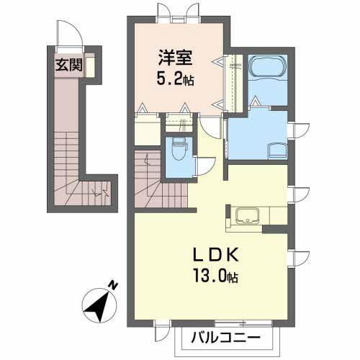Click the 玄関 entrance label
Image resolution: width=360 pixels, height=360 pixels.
pyautogui.click(x=69, y=65)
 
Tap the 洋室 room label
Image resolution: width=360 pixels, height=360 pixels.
pyautogui.click(x=175, y=58)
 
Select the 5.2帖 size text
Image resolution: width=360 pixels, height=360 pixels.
pyautogui.click(x=176, y=79)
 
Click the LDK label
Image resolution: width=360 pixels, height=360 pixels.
pyautogui.click(x=216, y=255)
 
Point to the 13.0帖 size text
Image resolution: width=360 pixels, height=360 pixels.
pyautogui.click(x=216, y=276)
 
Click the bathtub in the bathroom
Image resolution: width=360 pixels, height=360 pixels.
pyautogui.click(x=268, y=67)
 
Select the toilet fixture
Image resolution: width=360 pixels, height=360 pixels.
pyautogui.click(x=179, y=150)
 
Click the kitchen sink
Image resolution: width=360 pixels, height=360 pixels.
pyautogui.click(x=248, y=216)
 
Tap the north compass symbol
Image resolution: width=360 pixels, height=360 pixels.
pyautogui.click(x=99, y=305)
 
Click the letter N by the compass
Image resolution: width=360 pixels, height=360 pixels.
pyautogui.click(x=113, y=285)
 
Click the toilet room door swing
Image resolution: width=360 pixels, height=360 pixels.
pyautogui.click(x=206, y=166)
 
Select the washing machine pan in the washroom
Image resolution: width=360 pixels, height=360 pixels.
pyautogui.click(x=277, y=151)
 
